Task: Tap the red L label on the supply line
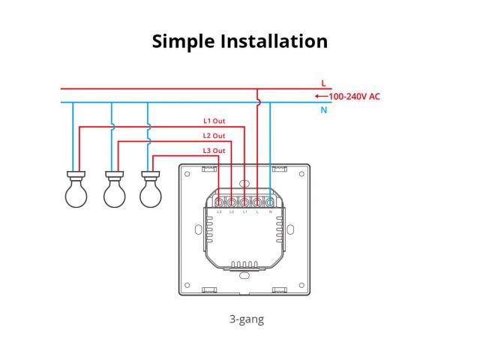[x=323, y=82]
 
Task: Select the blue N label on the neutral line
[x=323, y=110]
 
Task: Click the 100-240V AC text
[x=354, y=96]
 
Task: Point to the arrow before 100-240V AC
[x=321, y=96]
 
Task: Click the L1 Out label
[x=214, y=120]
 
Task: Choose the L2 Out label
[x=214, y=136]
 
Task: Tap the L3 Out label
[x=214, y=151]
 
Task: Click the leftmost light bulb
[x=75, y=190]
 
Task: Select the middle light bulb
[x=113, y=190]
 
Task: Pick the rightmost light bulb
[x=151, y=190]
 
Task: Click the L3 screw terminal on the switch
[x=220, y=202]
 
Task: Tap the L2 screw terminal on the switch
[x=232, y=202]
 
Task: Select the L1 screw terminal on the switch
[x=244, y=202]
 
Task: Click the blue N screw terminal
[x=270, y=202]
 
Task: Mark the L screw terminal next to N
[x=257, y=202]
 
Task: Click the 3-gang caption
[x=247, y=319]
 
